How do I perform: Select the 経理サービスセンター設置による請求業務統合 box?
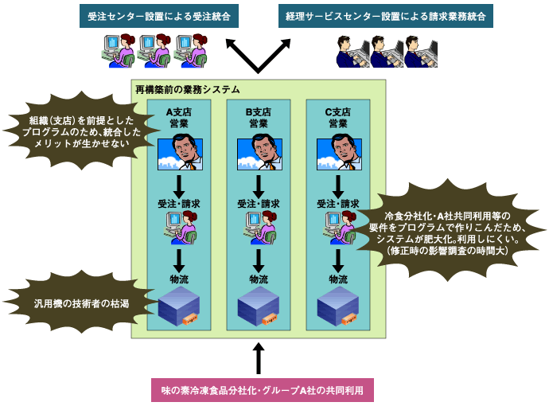click(386, 16)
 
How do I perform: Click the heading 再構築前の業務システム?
click(188, 90)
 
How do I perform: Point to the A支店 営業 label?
click(179, 118)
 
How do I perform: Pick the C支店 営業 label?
click(338, 118)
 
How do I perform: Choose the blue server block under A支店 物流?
click(179, 305)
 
